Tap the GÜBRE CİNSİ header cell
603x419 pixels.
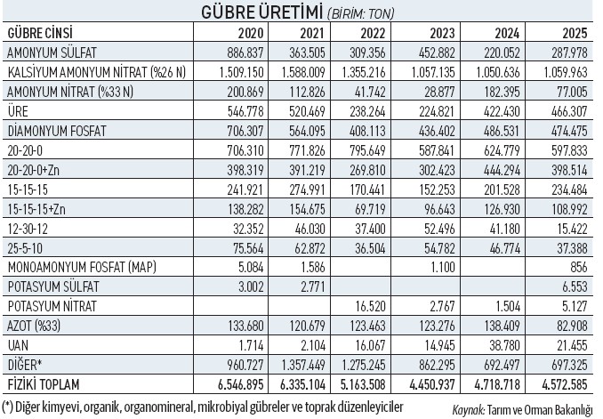[39, 33]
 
